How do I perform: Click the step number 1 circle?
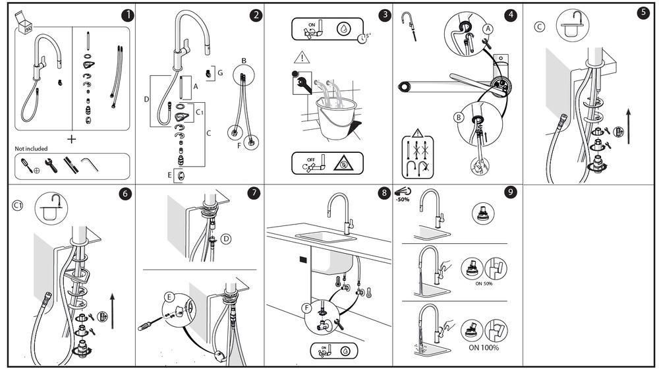tap(128, 15)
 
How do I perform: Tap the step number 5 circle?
tap(643, 13)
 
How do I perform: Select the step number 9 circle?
tap(510, 192)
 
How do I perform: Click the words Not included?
tap(31, 148)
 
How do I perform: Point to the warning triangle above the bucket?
tap(302, 57)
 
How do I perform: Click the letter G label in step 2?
tap(220, 73)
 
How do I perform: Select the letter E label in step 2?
tap(170, 175)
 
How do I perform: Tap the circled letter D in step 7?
tap(226, 239)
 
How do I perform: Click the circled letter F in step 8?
tap(307, 308)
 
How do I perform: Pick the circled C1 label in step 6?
tap(18, 206)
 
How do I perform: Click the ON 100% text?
tap(484, 348)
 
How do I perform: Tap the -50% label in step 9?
tap(402, 199)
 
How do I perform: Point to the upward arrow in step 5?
tap(628, 126)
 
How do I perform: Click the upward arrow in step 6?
tap(112, 311)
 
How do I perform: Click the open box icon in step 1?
tap(24, 22)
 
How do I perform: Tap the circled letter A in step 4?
tap(488, 29)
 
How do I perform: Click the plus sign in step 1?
tap(71, 139)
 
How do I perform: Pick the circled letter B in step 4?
tap(459, 118)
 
